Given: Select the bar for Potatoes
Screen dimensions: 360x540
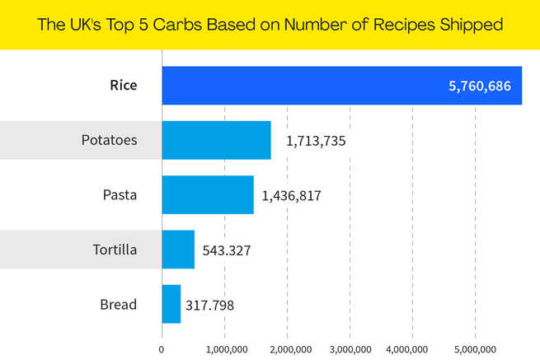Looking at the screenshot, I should tap(216, 140).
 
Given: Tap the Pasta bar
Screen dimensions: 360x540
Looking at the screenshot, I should tap(207, 195).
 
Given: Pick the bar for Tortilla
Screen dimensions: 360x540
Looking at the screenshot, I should tap(178, 250).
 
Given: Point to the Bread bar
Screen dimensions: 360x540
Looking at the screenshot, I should tap(171, 304).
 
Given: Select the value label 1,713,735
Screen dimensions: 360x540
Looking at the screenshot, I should tap(316, 141).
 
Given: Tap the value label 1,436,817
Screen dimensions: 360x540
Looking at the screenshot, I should tap(291, 196).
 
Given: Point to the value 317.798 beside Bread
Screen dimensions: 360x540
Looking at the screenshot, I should tap(211, 305).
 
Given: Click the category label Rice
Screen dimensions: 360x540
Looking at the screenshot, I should tap(124, 86).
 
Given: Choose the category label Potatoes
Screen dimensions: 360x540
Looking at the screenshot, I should tap(109, 140).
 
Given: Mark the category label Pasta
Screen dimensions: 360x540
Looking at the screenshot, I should tap(120, 195).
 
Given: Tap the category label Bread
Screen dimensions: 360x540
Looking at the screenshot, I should tap(118, 304).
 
